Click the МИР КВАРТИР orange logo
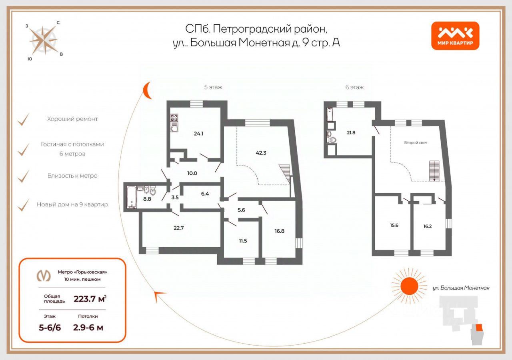tap(455, 36)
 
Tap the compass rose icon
tap(43, 40)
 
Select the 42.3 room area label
tap(262, 152)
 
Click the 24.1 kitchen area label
tap(199, 134)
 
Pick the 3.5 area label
tap(174, 197)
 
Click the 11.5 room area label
tap(242, 240)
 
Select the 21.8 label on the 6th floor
tap(351, 132)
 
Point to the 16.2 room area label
tap(427, 226)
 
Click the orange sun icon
tap(408, 285)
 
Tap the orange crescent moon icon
tap(148, 90)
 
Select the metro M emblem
tap(44, 276)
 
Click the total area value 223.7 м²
tap(90, 298)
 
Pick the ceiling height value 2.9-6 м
tap(88, 328)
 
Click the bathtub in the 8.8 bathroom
tap(131, 197)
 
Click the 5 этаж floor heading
tap(213, 87)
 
